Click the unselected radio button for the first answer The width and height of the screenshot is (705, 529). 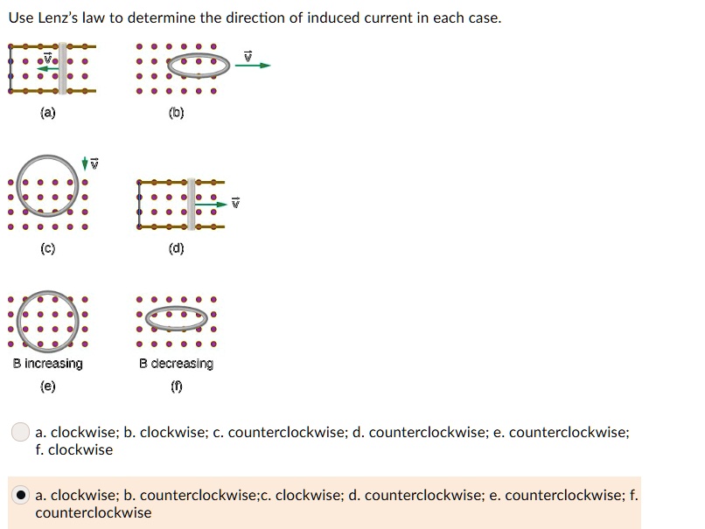(21, 433)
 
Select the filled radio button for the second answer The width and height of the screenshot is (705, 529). (21, 496)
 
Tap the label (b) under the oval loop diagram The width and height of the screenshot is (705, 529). (176, 113)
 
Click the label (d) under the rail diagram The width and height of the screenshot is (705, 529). (176, 248)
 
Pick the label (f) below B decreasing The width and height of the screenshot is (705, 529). (176, 386)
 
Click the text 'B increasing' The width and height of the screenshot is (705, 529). (48, 364)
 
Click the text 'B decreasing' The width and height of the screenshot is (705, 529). (176, 364)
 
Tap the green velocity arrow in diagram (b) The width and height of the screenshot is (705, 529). (253, 66)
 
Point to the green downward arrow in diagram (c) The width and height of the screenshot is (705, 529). (84, 164)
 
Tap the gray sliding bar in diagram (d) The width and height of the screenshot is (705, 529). (191, 204)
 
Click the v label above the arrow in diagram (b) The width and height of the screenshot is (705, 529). (248, 54)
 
